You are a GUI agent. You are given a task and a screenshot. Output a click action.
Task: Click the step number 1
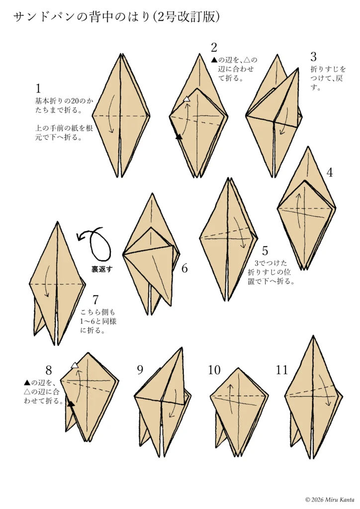pos(38,89)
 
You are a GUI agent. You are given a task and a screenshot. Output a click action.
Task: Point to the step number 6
pos(184,269)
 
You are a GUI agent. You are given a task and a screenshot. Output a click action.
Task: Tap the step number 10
pos(214,370)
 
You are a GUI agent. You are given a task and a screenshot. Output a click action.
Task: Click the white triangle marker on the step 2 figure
pos(187,99)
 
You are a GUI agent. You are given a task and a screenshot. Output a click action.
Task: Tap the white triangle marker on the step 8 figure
pos(75,365)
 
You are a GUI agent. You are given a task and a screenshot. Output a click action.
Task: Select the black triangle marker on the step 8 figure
pos(71,404)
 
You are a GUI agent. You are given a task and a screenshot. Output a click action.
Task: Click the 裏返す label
pos(102,269)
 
